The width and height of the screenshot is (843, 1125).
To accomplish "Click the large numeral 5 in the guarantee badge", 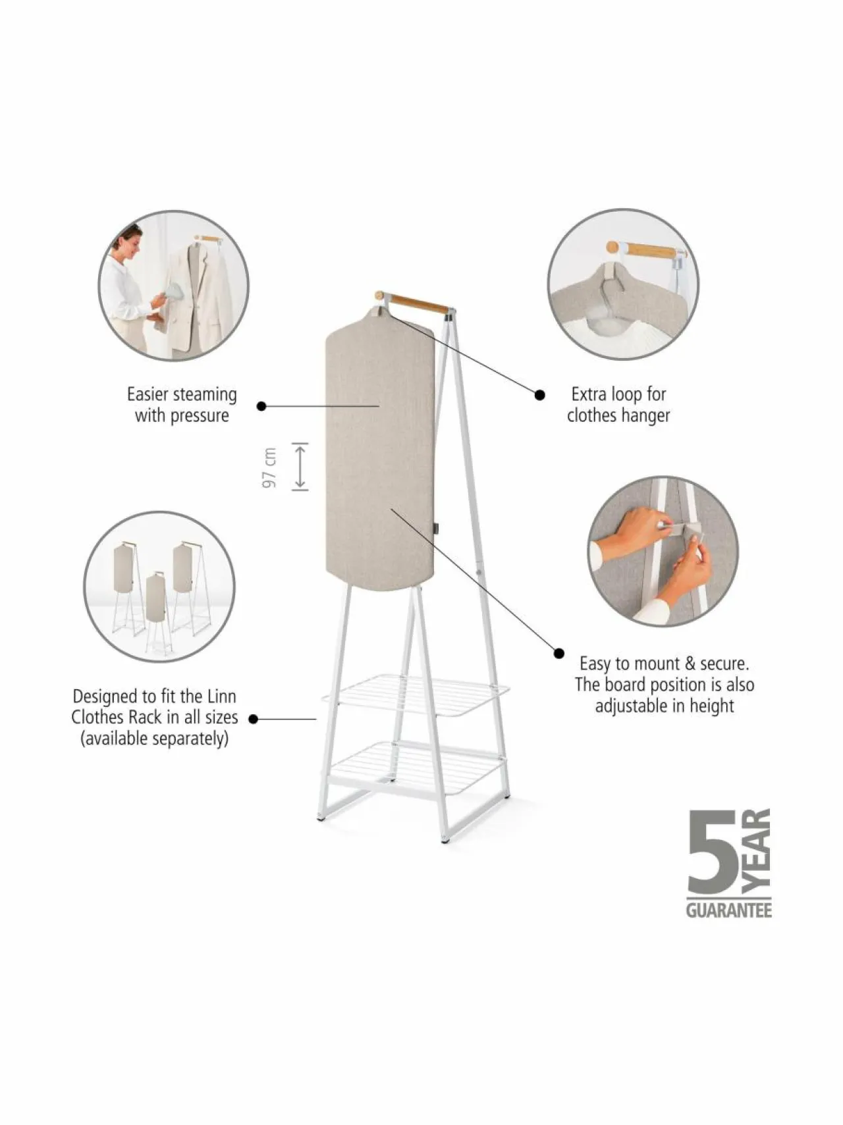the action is pos(712,852).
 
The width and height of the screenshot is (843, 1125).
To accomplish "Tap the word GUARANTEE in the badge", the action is pos(728,910).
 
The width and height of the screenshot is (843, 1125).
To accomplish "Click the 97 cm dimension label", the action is pos(269,468).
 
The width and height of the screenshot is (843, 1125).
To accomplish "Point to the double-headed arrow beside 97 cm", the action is pos(300,467).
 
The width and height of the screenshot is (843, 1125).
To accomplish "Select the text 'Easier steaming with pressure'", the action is pos(182,405).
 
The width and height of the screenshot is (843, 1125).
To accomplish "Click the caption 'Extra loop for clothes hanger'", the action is pos(618,405).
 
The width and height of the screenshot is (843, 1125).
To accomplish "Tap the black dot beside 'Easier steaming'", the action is pos(261,406).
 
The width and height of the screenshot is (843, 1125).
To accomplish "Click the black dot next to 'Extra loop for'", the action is pos(539,395).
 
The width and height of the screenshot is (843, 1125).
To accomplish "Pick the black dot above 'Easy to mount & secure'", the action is pos(559,653).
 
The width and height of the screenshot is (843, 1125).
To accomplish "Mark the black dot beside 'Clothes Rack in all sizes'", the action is pos(253,719).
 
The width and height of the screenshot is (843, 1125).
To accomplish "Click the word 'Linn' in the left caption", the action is pos(222,696).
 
